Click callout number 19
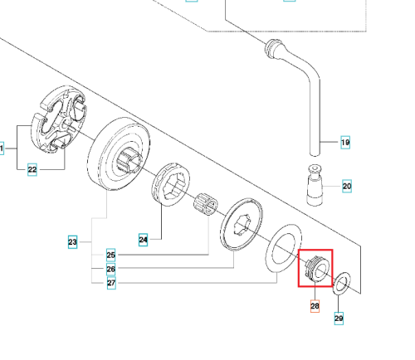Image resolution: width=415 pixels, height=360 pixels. point(345,143)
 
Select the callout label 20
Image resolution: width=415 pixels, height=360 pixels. point(347,186)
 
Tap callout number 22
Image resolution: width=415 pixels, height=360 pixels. point(32,169)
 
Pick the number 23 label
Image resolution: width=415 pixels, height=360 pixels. point(72,242)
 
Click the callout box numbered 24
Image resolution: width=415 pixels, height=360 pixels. point(143,240)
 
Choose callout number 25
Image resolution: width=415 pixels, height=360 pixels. point(111,255)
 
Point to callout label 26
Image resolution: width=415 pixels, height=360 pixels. point(111,269)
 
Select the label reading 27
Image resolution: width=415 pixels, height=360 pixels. point(111,283)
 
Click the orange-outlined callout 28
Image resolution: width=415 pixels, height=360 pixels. point(315,306)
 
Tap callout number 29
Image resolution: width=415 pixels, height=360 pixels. point(339,319)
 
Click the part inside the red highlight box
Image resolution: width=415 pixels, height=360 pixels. point(315,268)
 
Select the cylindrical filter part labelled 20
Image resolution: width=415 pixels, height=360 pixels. point(315,185)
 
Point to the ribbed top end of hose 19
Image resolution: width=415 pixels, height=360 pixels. point(274,48)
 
